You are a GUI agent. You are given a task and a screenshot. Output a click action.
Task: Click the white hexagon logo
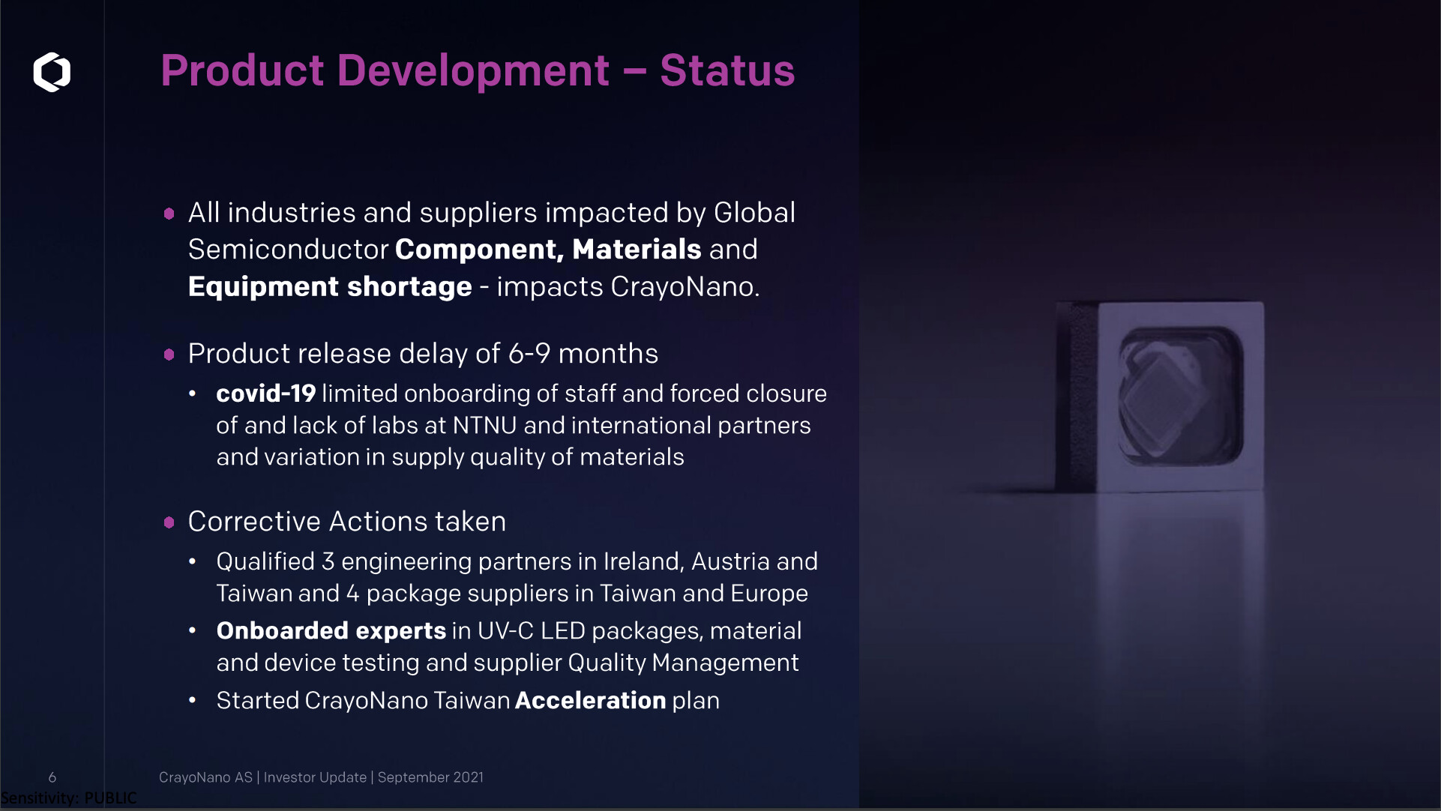pos(52,72)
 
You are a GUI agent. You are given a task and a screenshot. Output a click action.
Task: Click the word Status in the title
pos(727,70)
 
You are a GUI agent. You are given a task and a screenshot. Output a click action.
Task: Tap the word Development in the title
pos(473,72)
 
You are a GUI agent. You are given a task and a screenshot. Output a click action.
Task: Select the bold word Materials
pos(637,249)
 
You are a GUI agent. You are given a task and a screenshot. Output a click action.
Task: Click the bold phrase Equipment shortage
pos(330,287)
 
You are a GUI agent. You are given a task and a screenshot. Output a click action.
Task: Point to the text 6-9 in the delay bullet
pos(529,353)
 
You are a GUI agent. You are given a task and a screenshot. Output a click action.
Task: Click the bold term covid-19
pos(266,393)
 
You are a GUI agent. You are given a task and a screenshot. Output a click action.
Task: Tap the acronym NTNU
pos(484,425)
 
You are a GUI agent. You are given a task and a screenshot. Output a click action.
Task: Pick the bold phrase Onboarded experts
pos(331,631)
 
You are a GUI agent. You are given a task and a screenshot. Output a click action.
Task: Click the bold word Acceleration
pos(591,700)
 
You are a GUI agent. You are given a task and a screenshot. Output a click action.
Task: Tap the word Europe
pos(769,594)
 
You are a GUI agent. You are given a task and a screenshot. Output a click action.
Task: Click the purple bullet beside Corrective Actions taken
pos(169,522)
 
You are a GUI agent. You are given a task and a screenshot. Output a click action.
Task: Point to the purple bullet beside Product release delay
pos(169,354)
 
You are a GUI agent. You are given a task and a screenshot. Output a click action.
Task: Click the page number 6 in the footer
pos(52,777)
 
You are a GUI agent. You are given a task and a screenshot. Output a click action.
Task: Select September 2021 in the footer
pos(430,777)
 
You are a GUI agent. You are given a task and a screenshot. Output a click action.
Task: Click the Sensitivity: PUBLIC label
pos(69,798)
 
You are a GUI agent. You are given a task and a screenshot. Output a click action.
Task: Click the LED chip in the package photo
pos(1159,398)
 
